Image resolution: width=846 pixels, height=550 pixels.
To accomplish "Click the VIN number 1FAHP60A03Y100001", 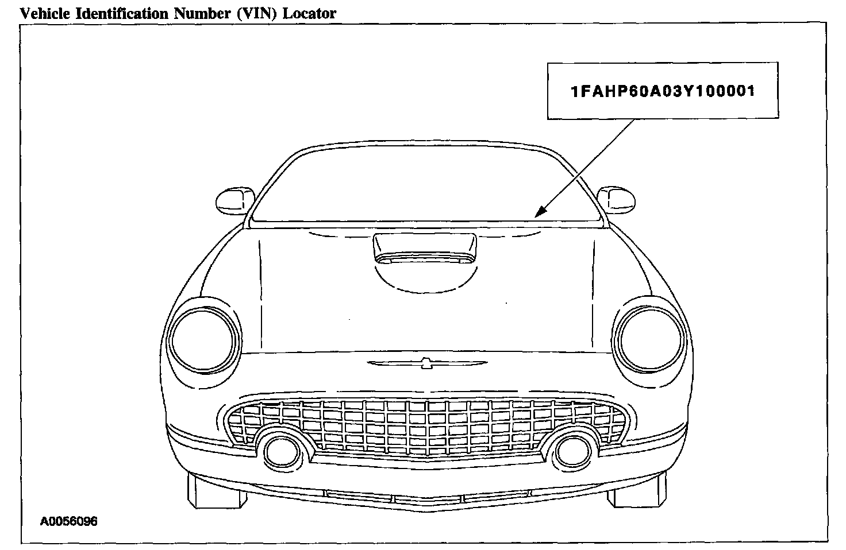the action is [662, 91].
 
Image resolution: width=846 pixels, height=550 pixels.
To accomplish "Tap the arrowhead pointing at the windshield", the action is [538, 213].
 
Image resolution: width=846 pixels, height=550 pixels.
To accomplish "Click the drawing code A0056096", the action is [68, 521].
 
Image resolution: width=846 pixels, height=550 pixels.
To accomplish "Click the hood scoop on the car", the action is [424, 248].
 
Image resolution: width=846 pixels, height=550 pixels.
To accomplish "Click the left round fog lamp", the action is [280, 451].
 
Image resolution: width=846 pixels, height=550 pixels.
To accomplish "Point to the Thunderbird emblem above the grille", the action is [426, 363].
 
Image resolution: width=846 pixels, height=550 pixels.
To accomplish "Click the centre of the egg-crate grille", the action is [426, 425].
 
